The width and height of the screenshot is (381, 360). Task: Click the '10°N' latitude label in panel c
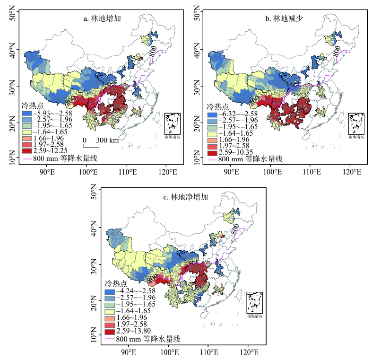(98, 339)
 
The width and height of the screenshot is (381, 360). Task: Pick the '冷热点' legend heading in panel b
(218, 107)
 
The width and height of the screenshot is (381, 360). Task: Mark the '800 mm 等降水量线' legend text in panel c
(148, 339)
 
